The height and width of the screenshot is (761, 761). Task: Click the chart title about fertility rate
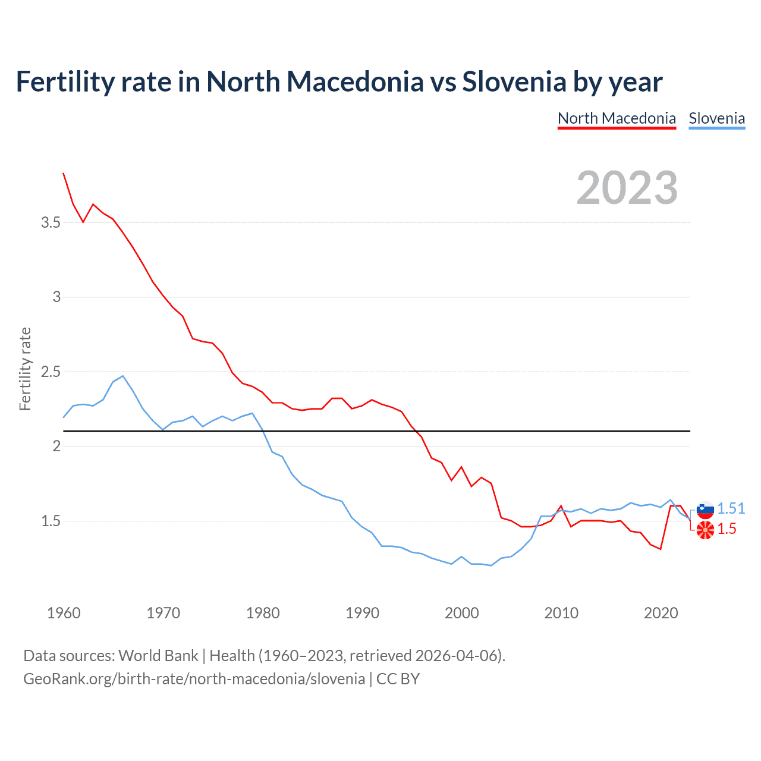339,82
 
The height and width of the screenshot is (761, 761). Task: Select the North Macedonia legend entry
617,118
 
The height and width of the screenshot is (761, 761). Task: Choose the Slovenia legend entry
716,118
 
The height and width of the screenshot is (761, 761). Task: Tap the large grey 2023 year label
627,188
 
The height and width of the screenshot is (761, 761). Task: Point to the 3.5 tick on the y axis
51,222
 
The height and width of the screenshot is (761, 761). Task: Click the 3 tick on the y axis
56,297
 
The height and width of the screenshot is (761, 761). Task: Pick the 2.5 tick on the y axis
51,372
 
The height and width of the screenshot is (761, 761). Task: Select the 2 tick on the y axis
56,446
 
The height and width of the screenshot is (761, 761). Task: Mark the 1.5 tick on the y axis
51,521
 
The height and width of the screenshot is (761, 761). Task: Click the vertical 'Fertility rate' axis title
25,369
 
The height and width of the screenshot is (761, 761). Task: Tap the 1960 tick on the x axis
64,613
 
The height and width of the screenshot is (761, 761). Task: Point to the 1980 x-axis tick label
263,613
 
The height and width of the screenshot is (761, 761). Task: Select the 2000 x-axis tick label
462,613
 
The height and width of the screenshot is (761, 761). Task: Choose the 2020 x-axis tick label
661,613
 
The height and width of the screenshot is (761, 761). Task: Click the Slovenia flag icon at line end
705,510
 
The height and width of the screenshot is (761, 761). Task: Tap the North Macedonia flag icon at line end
705,529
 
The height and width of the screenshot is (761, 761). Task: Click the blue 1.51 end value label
731,508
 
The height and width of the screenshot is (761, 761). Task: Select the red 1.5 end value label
727,529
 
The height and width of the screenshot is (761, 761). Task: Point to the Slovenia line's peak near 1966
122,376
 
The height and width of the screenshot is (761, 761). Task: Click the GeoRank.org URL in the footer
194,678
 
